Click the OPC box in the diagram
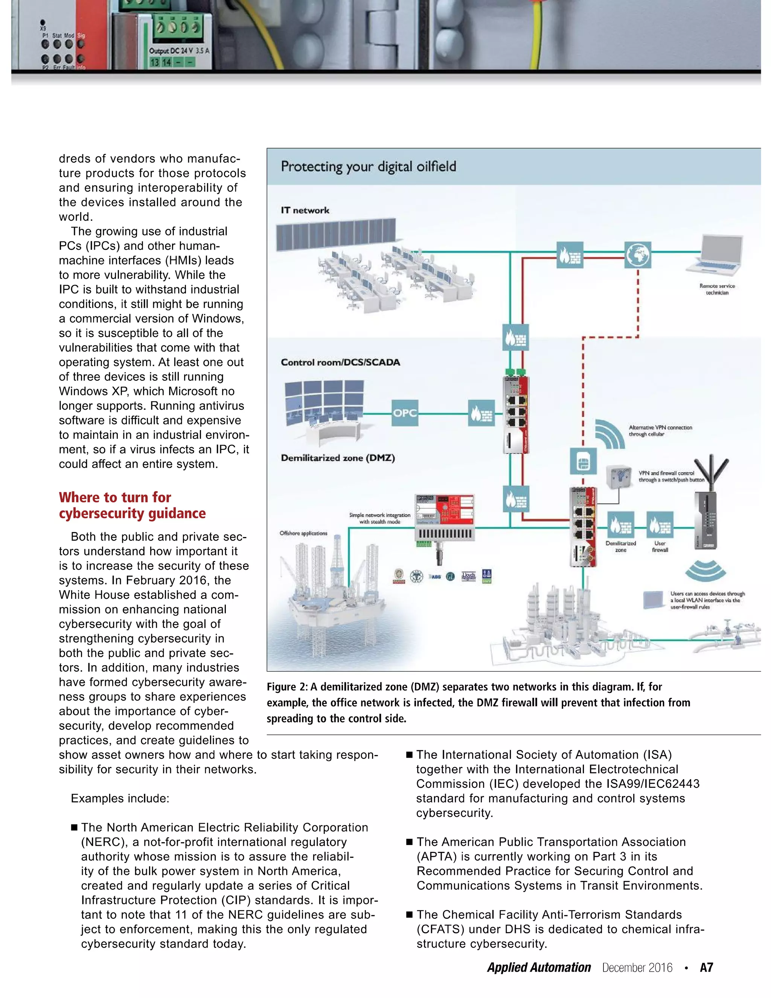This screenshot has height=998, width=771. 405,413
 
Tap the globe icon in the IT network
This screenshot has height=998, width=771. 638,255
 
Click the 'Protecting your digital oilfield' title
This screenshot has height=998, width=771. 368,166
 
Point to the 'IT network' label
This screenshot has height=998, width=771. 305,210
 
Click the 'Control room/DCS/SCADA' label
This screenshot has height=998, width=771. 340,362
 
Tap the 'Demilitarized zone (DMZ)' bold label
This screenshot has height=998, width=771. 338,458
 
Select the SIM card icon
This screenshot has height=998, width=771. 583,462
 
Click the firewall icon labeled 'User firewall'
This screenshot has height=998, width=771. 660,525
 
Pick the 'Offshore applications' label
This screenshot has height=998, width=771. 303,533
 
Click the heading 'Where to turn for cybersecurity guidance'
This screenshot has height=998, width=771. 132,505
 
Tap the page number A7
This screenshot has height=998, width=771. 706,967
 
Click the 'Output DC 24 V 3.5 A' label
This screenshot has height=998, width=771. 179,51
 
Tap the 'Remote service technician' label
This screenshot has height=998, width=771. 717,289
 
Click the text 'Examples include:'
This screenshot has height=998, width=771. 120,798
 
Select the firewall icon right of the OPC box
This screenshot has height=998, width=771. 481,413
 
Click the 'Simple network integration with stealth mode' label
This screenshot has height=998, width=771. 379,518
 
